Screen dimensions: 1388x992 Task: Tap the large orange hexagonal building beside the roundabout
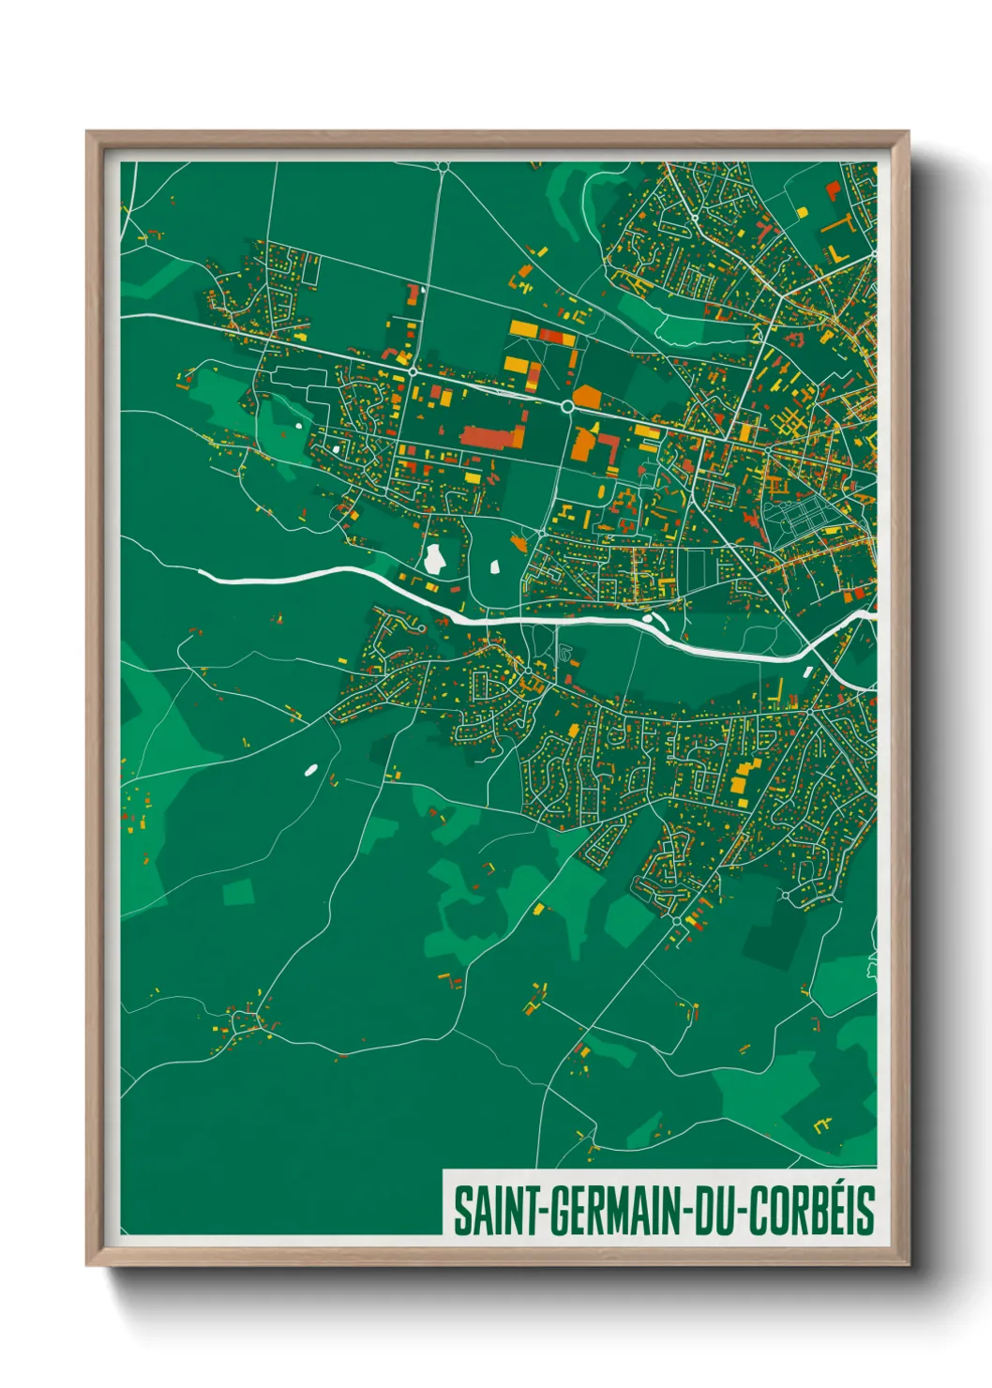pyautogui.click(x=587, y=397)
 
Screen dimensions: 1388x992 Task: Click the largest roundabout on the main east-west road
pyautogui.click(x=567, y=406)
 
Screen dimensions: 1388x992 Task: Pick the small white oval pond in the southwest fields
pyautogui.click(x=310, y=770)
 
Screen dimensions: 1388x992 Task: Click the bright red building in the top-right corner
pyautogui.click(x=832, y=190)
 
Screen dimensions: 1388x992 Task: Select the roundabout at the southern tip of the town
pyautogui.click(x=677, y=922)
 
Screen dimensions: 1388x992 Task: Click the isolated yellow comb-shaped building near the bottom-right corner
pyautogui.click(x=823, y=1123)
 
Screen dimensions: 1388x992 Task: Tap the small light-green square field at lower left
pyautogui.click(x=237, y=891)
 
